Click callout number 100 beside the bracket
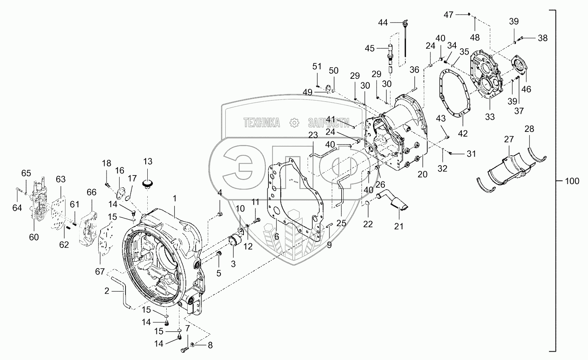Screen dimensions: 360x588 (x=572, y=181)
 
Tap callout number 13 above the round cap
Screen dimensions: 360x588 (x=148, y=162)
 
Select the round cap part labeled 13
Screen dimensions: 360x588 (x=148, y=183)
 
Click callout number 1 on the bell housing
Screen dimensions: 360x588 (x=175, y=197)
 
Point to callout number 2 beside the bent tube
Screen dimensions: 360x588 (x=107, y=291)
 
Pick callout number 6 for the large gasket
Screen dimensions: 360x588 (x=276, y=236)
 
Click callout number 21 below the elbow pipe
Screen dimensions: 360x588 (x=399, y=226)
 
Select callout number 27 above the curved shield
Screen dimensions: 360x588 (x=509, y=139)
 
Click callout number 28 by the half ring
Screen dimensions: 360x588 (x=529, y=129)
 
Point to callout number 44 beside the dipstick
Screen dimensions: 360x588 (x=383, y=23)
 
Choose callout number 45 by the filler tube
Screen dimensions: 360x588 (x=369, y=48)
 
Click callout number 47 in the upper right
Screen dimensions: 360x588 (x=448, y=15)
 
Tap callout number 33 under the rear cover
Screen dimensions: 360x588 (x=490, y=117)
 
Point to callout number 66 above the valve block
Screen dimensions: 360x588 (x=91, y=192)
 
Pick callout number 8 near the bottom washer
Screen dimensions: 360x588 (x=210, y=345)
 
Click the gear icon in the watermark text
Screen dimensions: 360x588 (x=294, y=122)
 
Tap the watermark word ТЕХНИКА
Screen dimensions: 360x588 (x=261, y=122)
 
